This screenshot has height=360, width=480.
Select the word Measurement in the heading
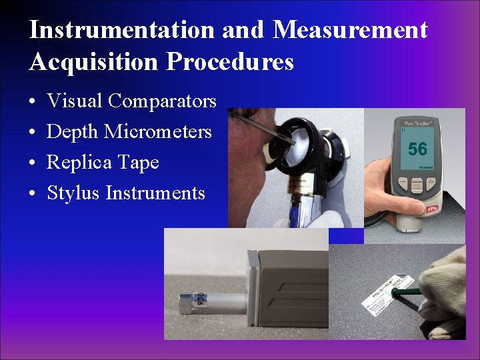tap(350, 30)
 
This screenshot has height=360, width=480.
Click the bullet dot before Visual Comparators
tap(32, 102)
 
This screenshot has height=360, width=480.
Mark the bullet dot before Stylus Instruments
tap(32, 194)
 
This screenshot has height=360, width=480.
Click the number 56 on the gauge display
tap(417, 148)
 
